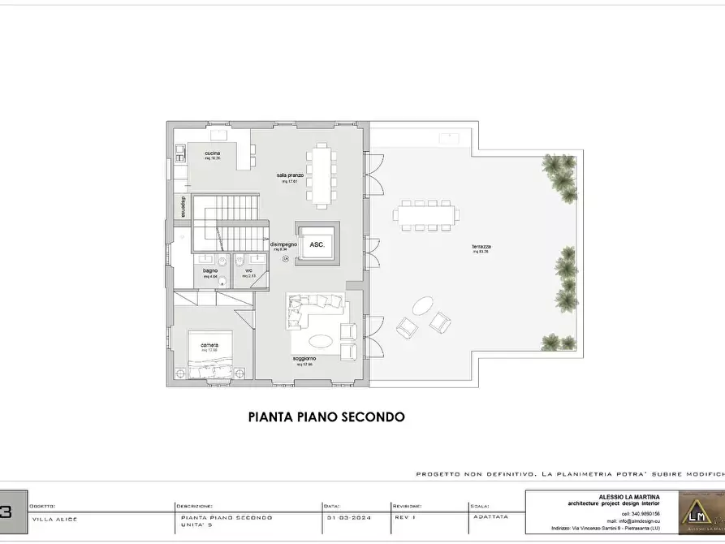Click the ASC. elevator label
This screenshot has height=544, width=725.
[317, 244]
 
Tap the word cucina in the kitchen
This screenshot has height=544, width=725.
[212, 153]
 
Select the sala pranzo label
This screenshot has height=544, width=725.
[290, 175]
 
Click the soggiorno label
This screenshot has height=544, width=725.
[305, 358]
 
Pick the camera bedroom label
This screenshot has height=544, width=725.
[209, 344]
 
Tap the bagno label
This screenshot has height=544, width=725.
[210, 270]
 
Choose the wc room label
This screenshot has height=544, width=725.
[249, 270]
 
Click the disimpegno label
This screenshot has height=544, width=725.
[283, 244]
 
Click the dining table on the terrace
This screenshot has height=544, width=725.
[426, 215]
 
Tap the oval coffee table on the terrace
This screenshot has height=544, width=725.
[422, 307]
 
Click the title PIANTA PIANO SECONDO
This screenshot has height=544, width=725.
[326, 417]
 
